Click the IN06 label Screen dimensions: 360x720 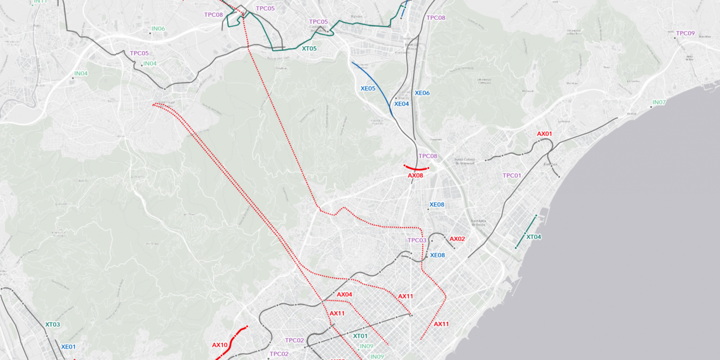[158, 29]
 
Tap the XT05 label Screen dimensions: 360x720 [309, 49]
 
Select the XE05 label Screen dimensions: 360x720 [368, 89]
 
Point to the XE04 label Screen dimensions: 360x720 [401, 104]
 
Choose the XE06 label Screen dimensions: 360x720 [422, 93]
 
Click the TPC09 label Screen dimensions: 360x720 [685, 33]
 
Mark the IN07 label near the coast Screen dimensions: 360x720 [659, 103]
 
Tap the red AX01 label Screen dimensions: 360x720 [544, 134]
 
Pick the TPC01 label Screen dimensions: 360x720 [512, 176]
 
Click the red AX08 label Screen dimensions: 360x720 [415, 175]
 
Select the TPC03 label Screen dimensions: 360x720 [417, 240]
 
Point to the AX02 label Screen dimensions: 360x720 [457, 239]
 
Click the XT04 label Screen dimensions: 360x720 [534, 237]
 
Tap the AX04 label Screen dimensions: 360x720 [344, 295]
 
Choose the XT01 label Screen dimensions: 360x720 [360, 336]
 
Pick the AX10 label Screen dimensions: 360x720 [220, 345]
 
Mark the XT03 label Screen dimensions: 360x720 [52, 324]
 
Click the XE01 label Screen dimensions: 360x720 [68, 347]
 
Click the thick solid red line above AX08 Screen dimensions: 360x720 [416, 169]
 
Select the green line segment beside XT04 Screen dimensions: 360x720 [526, 232]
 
